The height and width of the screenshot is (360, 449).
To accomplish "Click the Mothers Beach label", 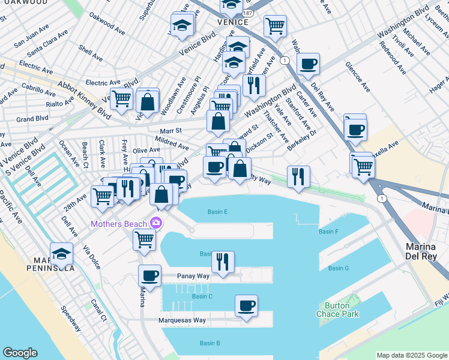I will pyautogui.click(x=119, y=224).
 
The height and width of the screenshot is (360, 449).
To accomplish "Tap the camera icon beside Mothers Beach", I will pyautogui.click(x=157, y=223).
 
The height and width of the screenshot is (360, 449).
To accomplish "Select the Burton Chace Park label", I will pyautogui.click(x=337, y=310).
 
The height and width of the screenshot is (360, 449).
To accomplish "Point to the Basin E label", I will pyautogui.click(x=217, y=212).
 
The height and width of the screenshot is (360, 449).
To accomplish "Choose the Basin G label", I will pyautogui.click(x=339, y=268).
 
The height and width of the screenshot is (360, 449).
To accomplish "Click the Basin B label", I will pyautogui.click(x=210, y=343).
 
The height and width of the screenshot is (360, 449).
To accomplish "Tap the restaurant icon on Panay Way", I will pyautogui.click(x=223, y=261).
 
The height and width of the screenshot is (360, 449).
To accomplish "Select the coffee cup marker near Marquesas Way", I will pyautogui.click(x=246, y=305).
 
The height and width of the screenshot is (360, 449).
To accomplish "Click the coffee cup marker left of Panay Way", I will pyautogui.click(x=149, y=275).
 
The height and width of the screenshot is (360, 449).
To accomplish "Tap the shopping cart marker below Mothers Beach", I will pyautogui.click(x=144, y=239).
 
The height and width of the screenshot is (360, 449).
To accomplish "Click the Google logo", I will pyautogui.click(x=20, y=353).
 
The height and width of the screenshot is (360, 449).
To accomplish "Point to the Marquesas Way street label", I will pyautogui.click(x=183, y=320).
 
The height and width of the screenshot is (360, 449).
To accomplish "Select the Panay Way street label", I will pyautogui.click(x=193, y=277).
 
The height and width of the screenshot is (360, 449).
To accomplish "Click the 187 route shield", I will pyautogui.click(x=249, y=11).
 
